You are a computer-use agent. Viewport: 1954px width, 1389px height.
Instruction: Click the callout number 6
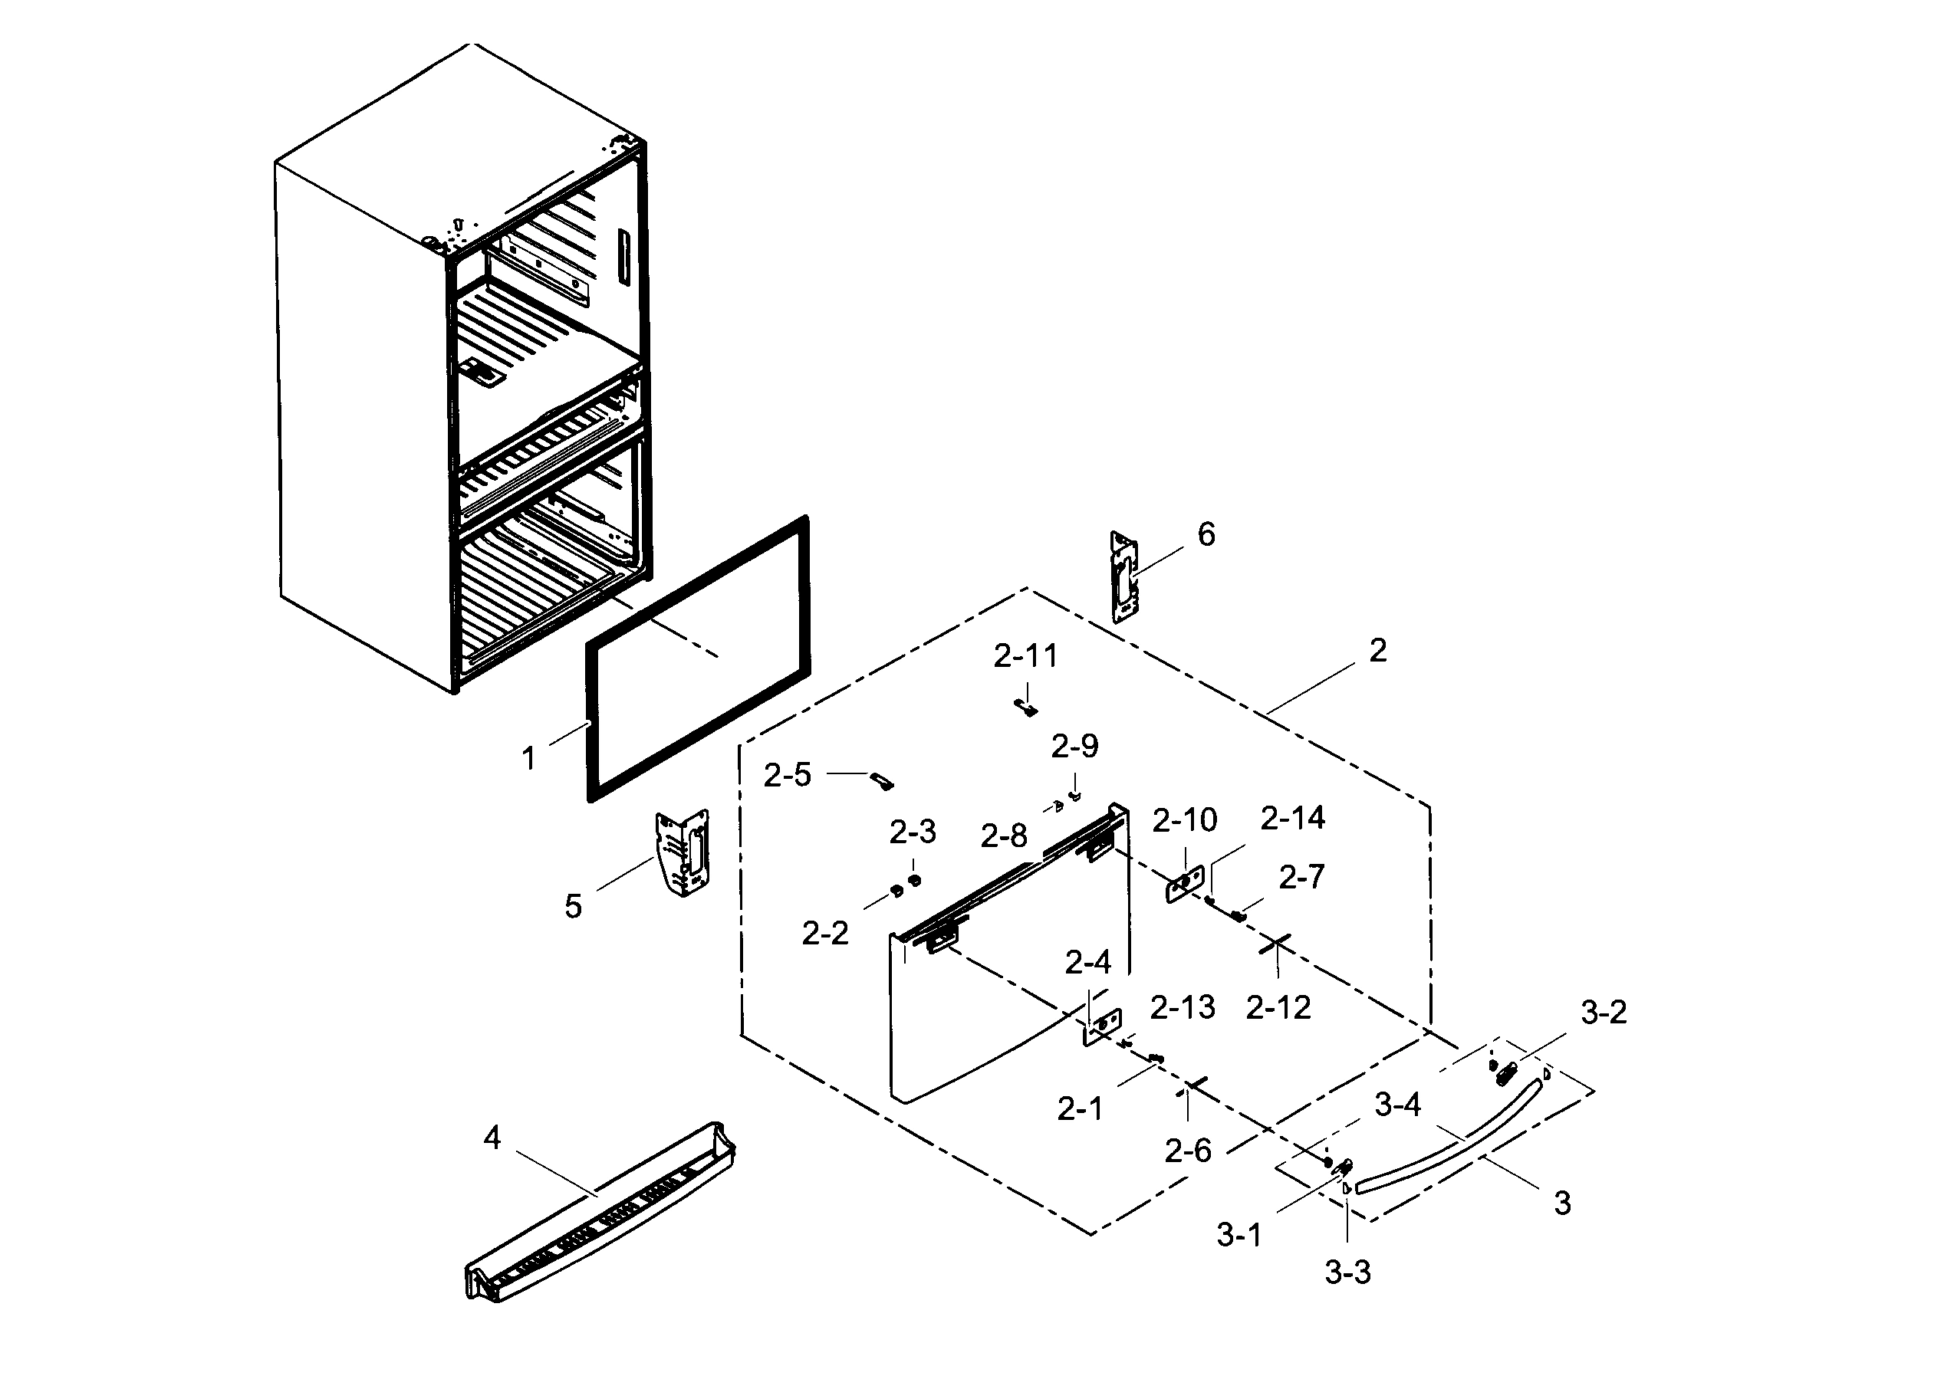tap(1206, 535)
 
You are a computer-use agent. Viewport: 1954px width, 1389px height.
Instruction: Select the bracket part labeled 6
tap(1123, 577)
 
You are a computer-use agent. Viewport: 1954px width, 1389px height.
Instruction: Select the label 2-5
tap(786, 776)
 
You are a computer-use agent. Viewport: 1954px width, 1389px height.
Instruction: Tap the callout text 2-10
tap(1184, 820)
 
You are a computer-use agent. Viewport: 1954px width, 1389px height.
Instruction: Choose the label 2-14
tap(1292, 819)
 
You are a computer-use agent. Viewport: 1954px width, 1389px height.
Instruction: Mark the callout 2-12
tap(1278, 1007)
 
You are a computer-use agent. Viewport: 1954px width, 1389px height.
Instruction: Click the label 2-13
tap(1182, 1007)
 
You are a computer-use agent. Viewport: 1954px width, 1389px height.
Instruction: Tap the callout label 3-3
tap(1347, 1272)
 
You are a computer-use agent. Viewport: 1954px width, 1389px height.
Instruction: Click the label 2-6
tap(1187, 1151)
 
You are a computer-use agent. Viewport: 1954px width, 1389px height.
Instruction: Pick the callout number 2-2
tap(824, 933)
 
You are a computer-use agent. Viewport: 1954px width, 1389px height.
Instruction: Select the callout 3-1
tap(1239, 1235)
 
